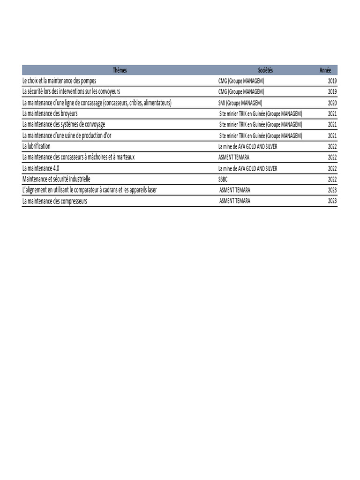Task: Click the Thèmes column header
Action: [x=120, y=70]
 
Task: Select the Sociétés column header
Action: [x=265, y=70]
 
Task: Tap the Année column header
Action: [x=325, y=70]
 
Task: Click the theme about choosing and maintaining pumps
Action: [x=59, y=81]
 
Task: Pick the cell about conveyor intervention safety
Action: [x=71, y=92]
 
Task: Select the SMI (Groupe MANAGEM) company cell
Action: [x=240, y=103]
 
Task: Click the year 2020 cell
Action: [x=332, y=103]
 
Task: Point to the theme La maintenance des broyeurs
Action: [x=50, y=113]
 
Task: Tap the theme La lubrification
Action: [x=36, y=146]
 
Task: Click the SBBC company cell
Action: [x=223, y=179]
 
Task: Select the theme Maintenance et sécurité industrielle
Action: [x=56, y=179]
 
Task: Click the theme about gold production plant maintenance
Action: [x=67, y=135]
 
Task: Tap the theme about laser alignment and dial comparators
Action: [x=90, y=190]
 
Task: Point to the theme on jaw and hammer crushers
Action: [x=78, y=157]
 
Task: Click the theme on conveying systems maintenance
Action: [x=64, y=124]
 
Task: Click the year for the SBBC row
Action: [x=332, y=179]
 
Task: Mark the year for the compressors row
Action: [x=332, y=201]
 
